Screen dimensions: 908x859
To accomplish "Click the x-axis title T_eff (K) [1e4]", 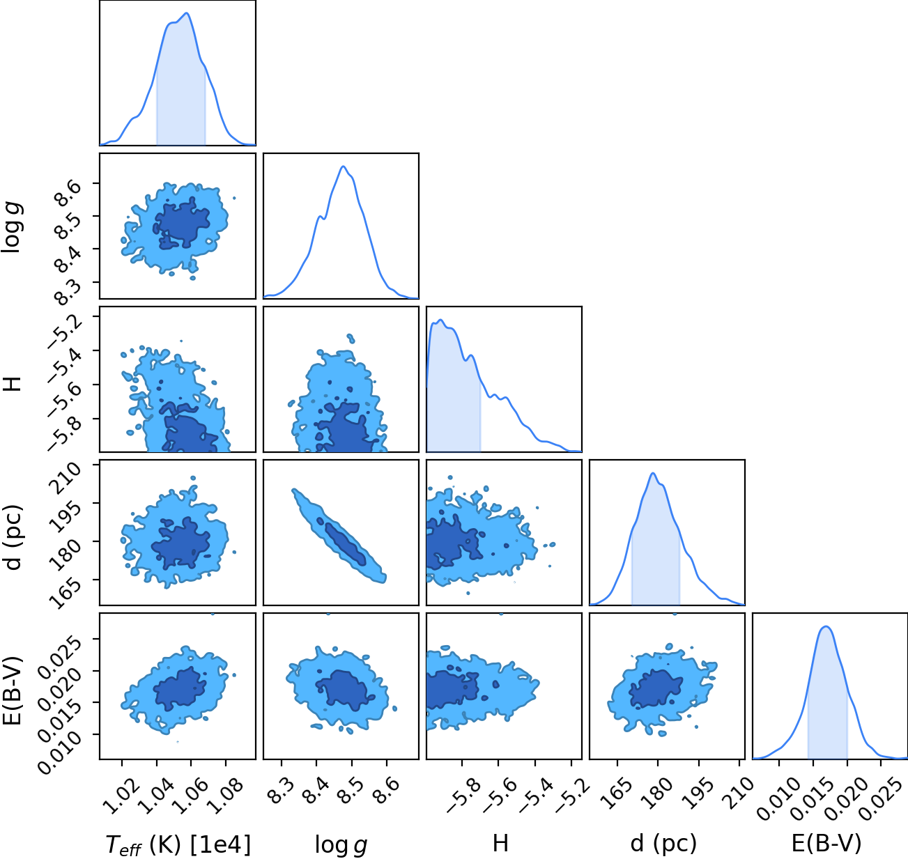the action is click(178, 844).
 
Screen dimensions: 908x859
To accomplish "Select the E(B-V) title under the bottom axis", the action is click(826, 843).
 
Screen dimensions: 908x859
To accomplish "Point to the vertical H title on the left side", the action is click(15, 384).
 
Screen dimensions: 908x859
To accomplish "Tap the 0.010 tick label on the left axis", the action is click(59, 751).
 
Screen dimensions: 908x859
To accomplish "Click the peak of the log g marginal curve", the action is click(343, 167).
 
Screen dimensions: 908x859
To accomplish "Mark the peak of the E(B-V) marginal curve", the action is click(826, 627).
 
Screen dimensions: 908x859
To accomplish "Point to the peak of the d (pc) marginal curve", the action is click(653, 473).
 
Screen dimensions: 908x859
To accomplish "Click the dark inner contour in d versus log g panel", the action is click(341, 541).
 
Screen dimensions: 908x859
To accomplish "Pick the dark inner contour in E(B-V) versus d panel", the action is click(656, 688).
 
